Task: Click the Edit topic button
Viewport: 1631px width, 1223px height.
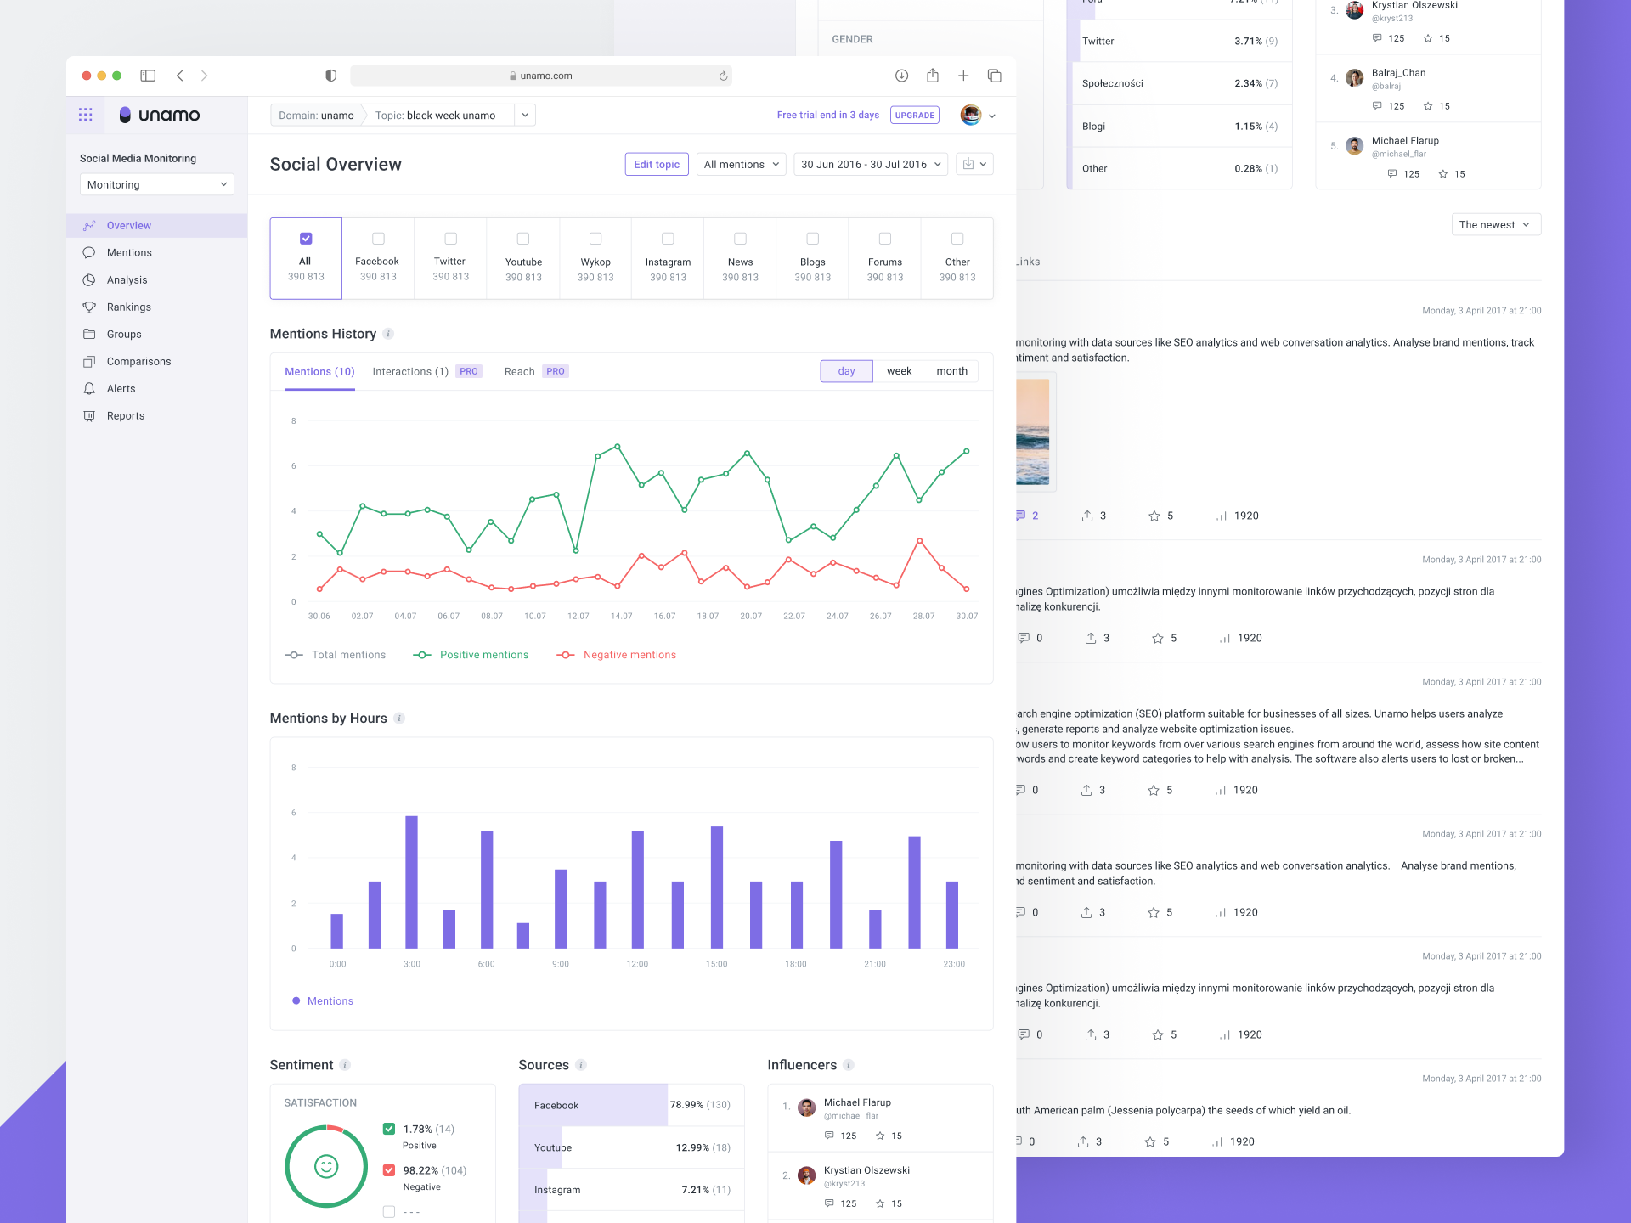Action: (656, 165)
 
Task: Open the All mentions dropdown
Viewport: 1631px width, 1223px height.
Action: (741, 165)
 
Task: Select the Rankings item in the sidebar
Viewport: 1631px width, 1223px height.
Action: (128, 307)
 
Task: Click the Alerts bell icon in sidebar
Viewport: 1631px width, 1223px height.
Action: (89, 389)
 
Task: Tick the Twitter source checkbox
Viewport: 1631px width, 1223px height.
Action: (450, 239)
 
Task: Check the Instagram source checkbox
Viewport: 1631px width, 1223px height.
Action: (668, 239)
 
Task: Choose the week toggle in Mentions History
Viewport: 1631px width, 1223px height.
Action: (899, 371)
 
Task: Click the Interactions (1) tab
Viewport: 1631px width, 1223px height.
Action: (410, 372)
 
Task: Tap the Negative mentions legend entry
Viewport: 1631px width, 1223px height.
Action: (629, 655)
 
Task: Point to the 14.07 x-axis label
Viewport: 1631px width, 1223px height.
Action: (621, 617)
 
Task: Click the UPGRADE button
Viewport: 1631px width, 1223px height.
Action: (914, 116)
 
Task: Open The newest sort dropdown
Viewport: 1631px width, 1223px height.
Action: (1495, 225)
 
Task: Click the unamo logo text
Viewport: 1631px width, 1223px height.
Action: (169, 116)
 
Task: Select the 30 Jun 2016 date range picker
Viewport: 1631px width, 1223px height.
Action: (871, 165)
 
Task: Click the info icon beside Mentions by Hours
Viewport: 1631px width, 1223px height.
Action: (399, 719)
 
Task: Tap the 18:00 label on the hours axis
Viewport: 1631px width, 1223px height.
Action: (795, 964)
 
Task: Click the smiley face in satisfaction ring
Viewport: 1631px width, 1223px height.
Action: (326, 1166)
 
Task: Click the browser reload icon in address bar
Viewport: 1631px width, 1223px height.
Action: (723, 76)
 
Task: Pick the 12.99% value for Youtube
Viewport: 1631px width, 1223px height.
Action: (691, 1147)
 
